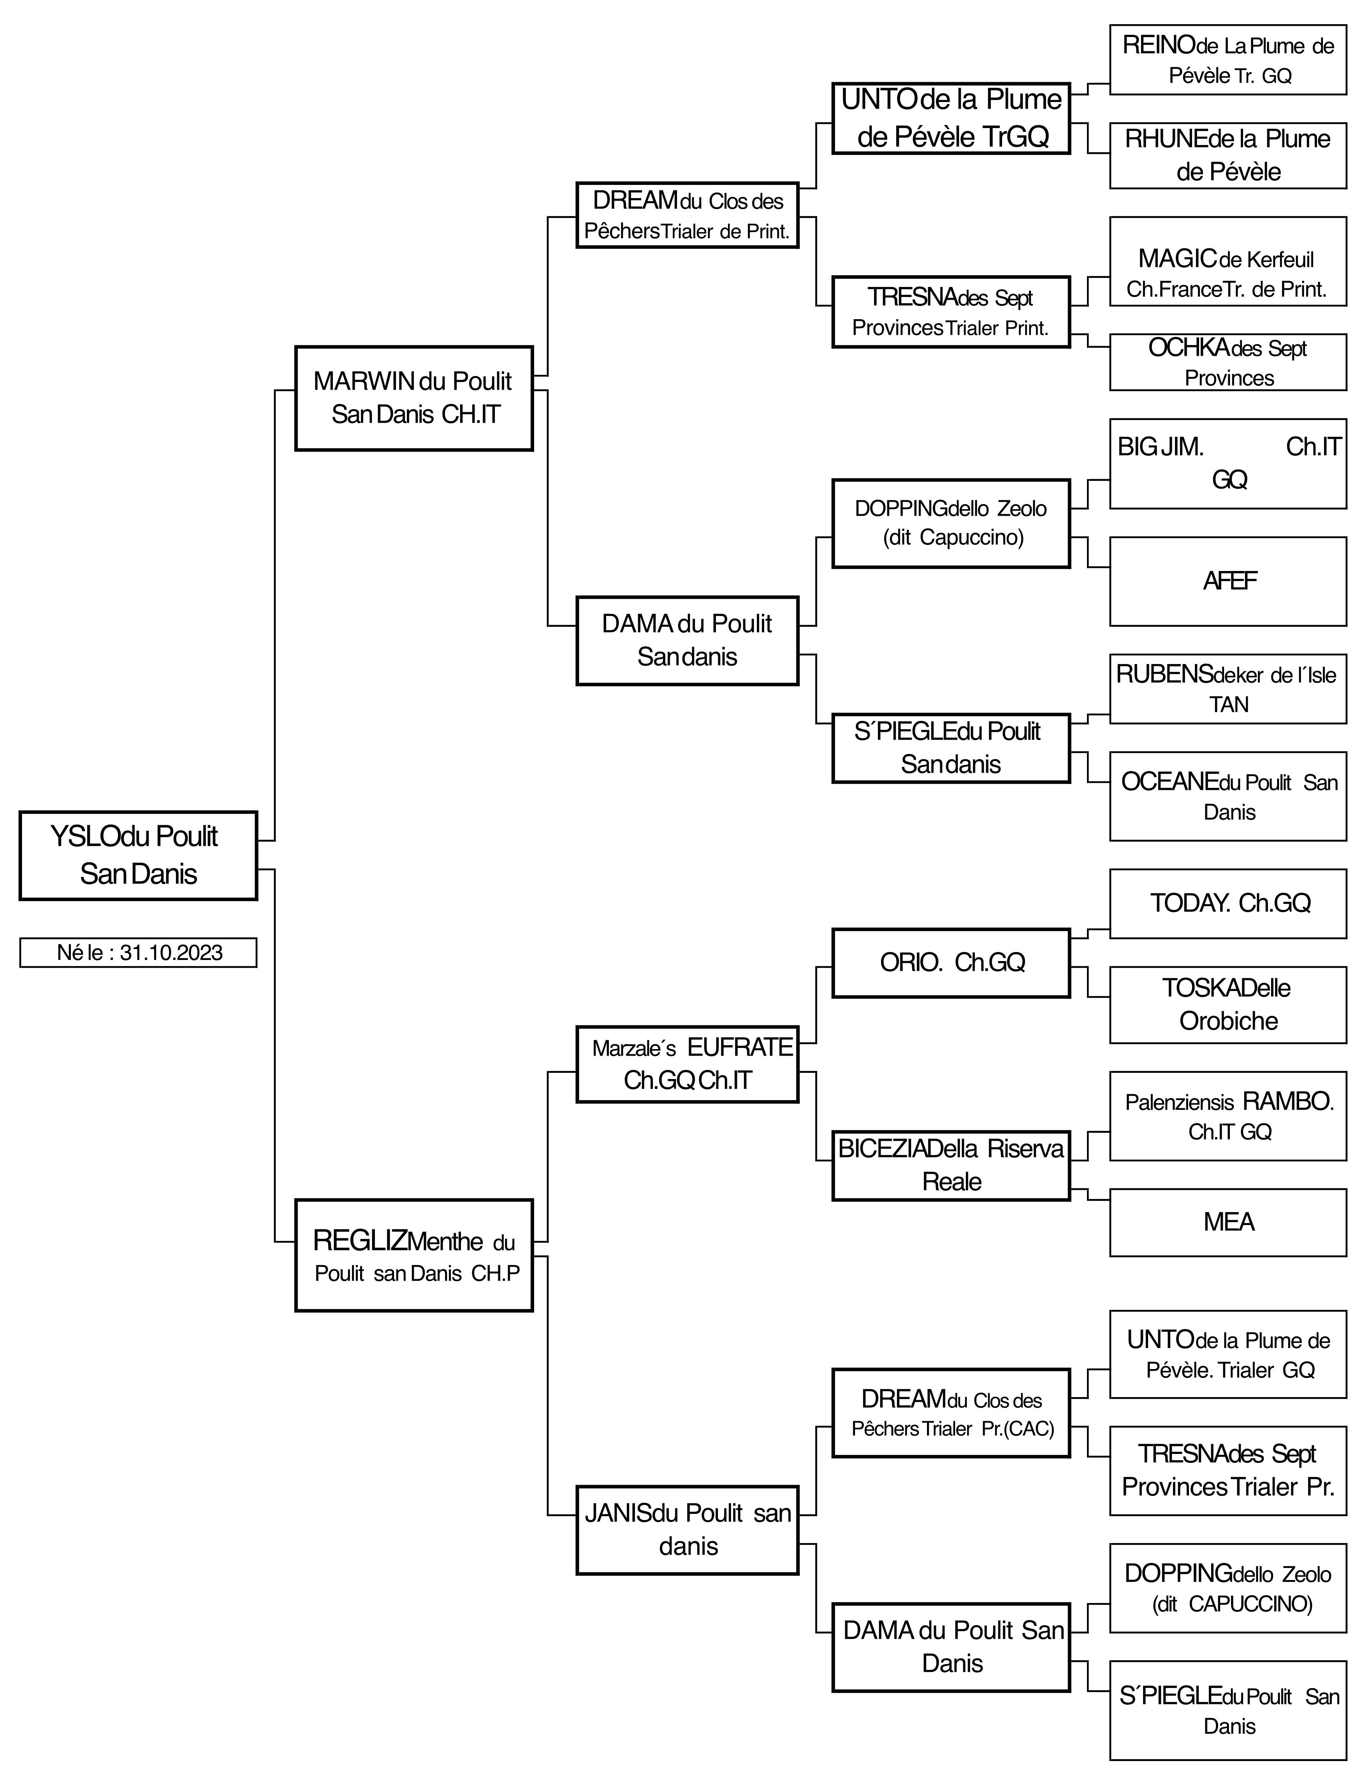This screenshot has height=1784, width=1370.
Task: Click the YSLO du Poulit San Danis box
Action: (x=138, y=855)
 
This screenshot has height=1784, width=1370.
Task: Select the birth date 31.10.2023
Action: (x=171, y=953)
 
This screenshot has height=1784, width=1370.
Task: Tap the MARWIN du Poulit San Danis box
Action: (x=413, y=398)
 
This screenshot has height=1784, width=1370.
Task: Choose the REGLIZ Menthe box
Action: (x=413, y=1255)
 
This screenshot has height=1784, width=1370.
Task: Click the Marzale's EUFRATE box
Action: (x=688, y=1064)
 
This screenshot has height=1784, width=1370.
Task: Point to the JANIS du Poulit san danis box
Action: (x=688, y=1529)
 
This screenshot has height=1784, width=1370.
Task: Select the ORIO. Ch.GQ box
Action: (x=951, y=963)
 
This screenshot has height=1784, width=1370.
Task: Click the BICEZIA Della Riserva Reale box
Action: (x=951, y=1165)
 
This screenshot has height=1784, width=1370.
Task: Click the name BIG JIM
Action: (x=1161, y=447)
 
